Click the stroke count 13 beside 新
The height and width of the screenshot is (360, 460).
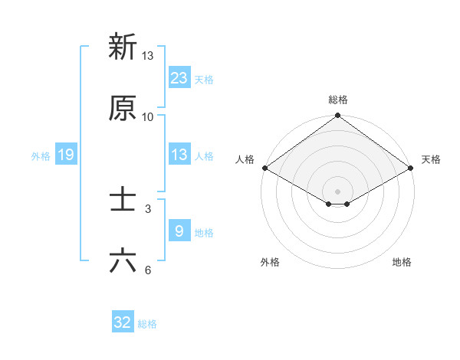tap(147, 56)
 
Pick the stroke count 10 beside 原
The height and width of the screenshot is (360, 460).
tap(147, 117)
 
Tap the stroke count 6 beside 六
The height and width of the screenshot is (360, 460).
tap(147, 270)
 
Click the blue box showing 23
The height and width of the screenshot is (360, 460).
tap(179, 78)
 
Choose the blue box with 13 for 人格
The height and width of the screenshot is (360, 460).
tap(179, 155)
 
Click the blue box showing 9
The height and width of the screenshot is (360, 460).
tap(179, 231)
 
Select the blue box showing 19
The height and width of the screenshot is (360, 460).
tap(66, 155)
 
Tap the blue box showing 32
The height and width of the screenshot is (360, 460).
tap(123, 323)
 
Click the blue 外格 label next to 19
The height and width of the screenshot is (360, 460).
tap(41, 155)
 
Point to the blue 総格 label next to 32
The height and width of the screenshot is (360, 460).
tap(147, 324)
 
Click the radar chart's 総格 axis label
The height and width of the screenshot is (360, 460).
tap(337, 100)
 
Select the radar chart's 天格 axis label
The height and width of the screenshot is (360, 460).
tap(431, 159)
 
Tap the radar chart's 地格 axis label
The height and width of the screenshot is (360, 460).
tap(402, 262)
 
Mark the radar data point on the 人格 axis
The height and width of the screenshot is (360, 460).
tap(264, 168)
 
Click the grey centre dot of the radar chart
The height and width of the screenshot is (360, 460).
tap(337, 191)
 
